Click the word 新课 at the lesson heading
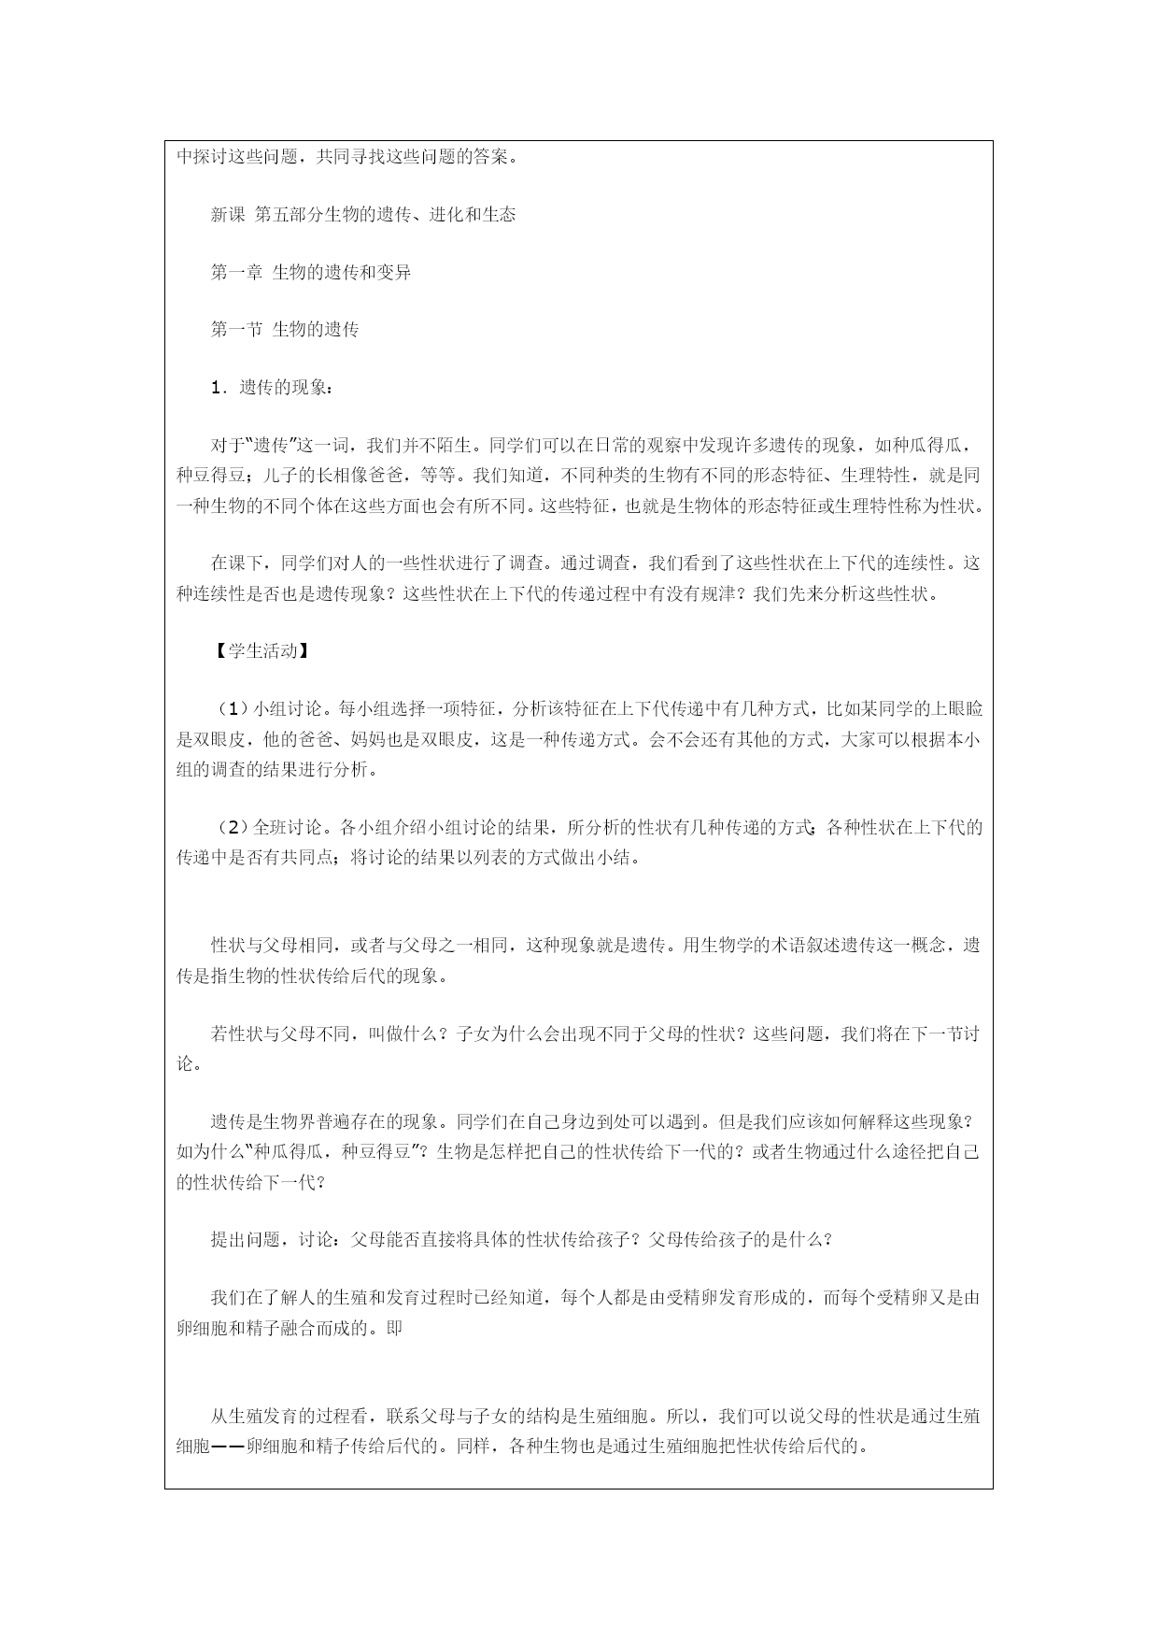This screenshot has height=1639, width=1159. pyautogui.click(x=228, y=215)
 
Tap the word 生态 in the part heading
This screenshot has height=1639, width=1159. pyautogui.click(x=498, y=215)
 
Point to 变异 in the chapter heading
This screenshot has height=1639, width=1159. pyautogui.click(x=394, y=273)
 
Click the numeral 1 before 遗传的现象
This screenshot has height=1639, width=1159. pyautogui.click(x=218, y=388)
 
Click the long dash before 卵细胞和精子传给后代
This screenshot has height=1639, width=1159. pyautogui.click(x=229, y=1447)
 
